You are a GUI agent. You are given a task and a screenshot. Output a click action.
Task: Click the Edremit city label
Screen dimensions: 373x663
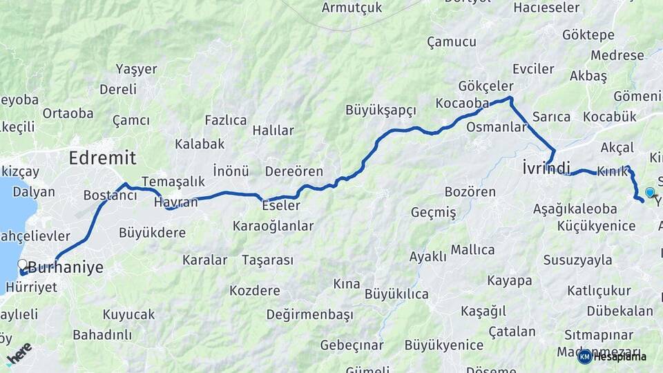pyautogui.click(x=102, y=157)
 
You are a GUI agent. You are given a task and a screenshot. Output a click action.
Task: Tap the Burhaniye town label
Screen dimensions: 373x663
pyautogui.click(x=65, y=267)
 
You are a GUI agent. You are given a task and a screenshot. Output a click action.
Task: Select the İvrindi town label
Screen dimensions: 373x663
pyautogui.click(x=546, y=168)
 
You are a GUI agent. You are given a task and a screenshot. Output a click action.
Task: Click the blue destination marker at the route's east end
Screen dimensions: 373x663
pyautogui.click(x=650, y=193)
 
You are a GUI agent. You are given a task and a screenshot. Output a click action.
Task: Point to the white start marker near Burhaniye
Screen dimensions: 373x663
pyautogui.click(x=22, y=265)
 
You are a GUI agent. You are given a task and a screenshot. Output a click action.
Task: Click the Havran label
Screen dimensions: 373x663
pyautogui.click(x=175, y=202)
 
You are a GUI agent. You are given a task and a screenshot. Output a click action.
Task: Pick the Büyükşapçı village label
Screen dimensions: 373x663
pyautogui.click(x=381, y=110)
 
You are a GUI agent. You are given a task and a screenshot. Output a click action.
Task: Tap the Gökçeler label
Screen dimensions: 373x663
pyautogui.click(x=486, y=86)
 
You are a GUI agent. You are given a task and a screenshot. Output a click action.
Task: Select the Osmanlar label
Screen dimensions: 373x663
pyautogui.click(x=497, y=127)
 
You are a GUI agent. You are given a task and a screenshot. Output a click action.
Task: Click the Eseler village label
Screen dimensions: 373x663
pyautogui.click(x=281, y=206)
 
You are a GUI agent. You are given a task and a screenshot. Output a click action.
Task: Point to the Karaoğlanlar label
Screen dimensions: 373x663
pyautogui.click(x=273, y=226)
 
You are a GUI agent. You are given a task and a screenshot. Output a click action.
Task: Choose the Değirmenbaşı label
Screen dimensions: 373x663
pyautogui.click(x=309, y=315)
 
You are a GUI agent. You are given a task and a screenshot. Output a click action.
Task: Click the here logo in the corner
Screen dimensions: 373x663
pyautogui.click(x=19, y=354)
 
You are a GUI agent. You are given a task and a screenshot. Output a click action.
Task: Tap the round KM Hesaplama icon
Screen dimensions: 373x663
pyautogui.click(x=585, y=356)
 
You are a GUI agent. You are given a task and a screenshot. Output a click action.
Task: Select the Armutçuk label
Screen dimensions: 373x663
pyautogui.click(x=352, y=8)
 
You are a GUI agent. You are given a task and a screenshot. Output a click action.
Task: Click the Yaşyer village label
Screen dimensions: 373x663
pyautogui.click(x=136, y=69)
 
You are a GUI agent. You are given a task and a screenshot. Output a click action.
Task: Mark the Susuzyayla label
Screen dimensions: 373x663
pyautogui.click(x=578, y=260)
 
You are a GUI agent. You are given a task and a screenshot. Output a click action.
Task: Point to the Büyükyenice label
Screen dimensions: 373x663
pyautogui.click(x=444, y=345)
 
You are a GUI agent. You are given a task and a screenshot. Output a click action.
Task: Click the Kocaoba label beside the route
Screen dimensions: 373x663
pyautogui.click(x=462, y=103)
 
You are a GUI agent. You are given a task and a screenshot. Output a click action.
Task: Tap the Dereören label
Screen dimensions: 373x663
pyautogui.click(x=294, y=171)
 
